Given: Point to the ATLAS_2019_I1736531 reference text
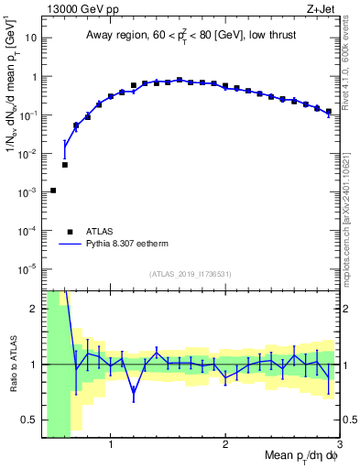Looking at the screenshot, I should click(x=191, y=274).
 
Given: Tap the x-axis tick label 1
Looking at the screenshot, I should click(x=111, y=445).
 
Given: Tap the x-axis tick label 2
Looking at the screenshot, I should click(x=225, y=445).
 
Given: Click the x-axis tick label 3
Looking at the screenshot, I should click(x=339, y=445).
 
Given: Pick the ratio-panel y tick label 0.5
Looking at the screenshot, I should click(x=29, y=420).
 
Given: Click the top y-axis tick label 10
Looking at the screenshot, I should click(x=29, y=39).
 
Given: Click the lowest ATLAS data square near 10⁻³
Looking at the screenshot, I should click(x=53, y=191).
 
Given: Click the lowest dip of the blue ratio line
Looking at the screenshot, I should click(x=134, y=395).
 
